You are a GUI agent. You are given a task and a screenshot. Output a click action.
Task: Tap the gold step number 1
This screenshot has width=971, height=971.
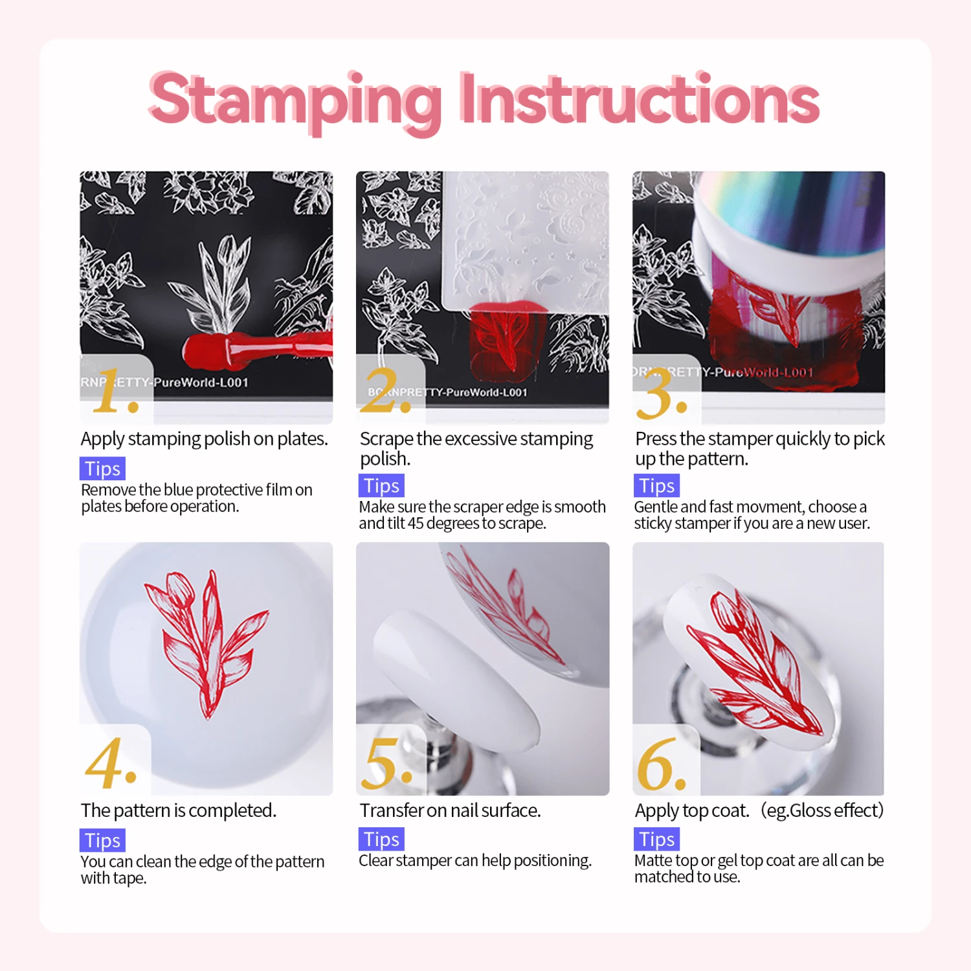115,391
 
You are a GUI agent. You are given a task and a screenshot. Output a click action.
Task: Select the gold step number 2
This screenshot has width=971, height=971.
386,391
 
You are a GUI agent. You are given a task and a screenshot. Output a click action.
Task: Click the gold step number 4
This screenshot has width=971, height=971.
111,763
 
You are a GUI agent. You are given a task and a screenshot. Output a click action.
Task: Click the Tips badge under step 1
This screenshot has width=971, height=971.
102,468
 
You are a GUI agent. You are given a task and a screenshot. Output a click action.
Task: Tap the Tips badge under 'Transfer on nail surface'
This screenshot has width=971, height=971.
381,839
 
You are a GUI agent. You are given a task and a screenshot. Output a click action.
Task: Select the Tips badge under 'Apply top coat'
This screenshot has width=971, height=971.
656,839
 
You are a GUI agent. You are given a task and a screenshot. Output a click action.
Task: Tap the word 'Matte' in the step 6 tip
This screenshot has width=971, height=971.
653,860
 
